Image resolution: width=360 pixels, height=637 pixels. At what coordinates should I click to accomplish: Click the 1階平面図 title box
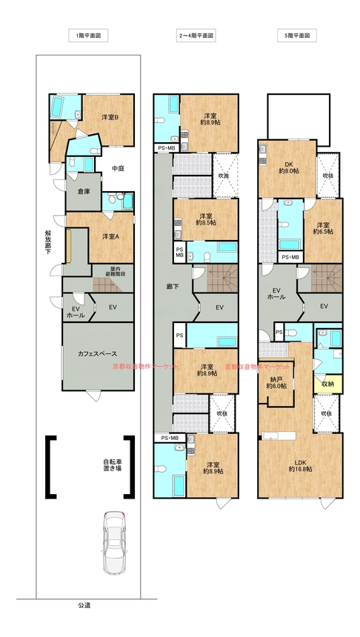(x=88, y=36)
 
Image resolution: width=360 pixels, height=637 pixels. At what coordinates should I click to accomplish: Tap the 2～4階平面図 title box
(x=196, y=36)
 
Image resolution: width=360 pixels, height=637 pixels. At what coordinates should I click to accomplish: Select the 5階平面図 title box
(x=297, y=36)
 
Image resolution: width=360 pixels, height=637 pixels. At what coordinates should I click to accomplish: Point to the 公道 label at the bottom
(x=84, y=605)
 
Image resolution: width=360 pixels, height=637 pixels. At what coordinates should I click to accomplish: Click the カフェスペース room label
(x=98, y=353)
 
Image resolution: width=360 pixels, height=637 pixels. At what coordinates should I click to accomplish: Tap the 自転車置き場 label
(x=112, y=464)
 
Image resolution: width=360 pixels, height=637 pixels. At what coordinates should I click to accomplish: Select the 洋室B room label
(x=110, y=118)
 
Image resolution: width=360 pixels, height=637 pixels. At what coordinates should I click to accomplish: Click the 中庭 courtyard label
(x=118, y=168)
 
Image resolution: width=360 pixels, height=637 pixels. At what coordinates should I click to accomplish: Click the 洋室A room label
(x=110, y=236)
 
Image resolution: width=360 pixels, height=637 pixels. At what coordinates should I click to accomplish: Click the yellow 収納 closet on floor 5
(x=328, y=384)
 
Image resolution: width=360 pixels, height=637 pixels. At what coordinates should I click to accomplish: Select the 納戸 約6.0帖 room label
(x=276, y=383)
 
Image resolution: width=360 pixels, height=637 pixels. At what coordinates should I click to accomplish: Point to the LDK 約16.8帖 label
(x=300, y=465)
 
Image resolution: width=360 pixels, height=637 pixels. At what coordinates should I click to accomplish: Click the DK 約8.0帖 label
(x=289, y=168)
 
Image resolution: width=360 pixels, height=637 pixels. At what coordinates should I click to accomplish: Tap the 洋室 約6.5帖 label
(x=323, y=228)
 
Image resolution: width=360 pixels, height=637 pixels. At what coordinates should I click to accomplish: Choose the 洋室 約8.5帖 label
(x=206, y=219)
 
